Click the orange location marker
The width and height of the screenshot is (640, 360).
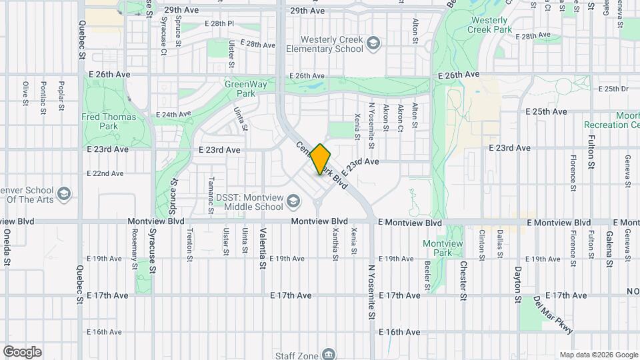321,159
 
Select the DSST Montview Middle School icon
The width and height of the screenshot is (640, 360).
293,201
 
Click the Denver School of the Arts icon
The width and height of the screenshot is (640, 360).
64,194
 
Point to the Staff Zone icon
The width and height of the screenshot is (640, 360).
328,353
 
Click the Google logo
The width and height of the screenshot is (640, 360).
22,352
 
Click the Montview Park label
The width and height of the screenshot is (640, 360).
443,248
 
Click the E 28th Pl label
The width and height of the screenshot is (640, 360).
220,23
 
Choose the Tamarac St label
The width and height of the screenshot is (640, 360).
211,195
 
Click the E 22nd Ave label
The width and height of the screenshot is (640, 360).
105,173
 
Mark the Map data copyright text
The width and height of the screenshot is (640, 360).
599,355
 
